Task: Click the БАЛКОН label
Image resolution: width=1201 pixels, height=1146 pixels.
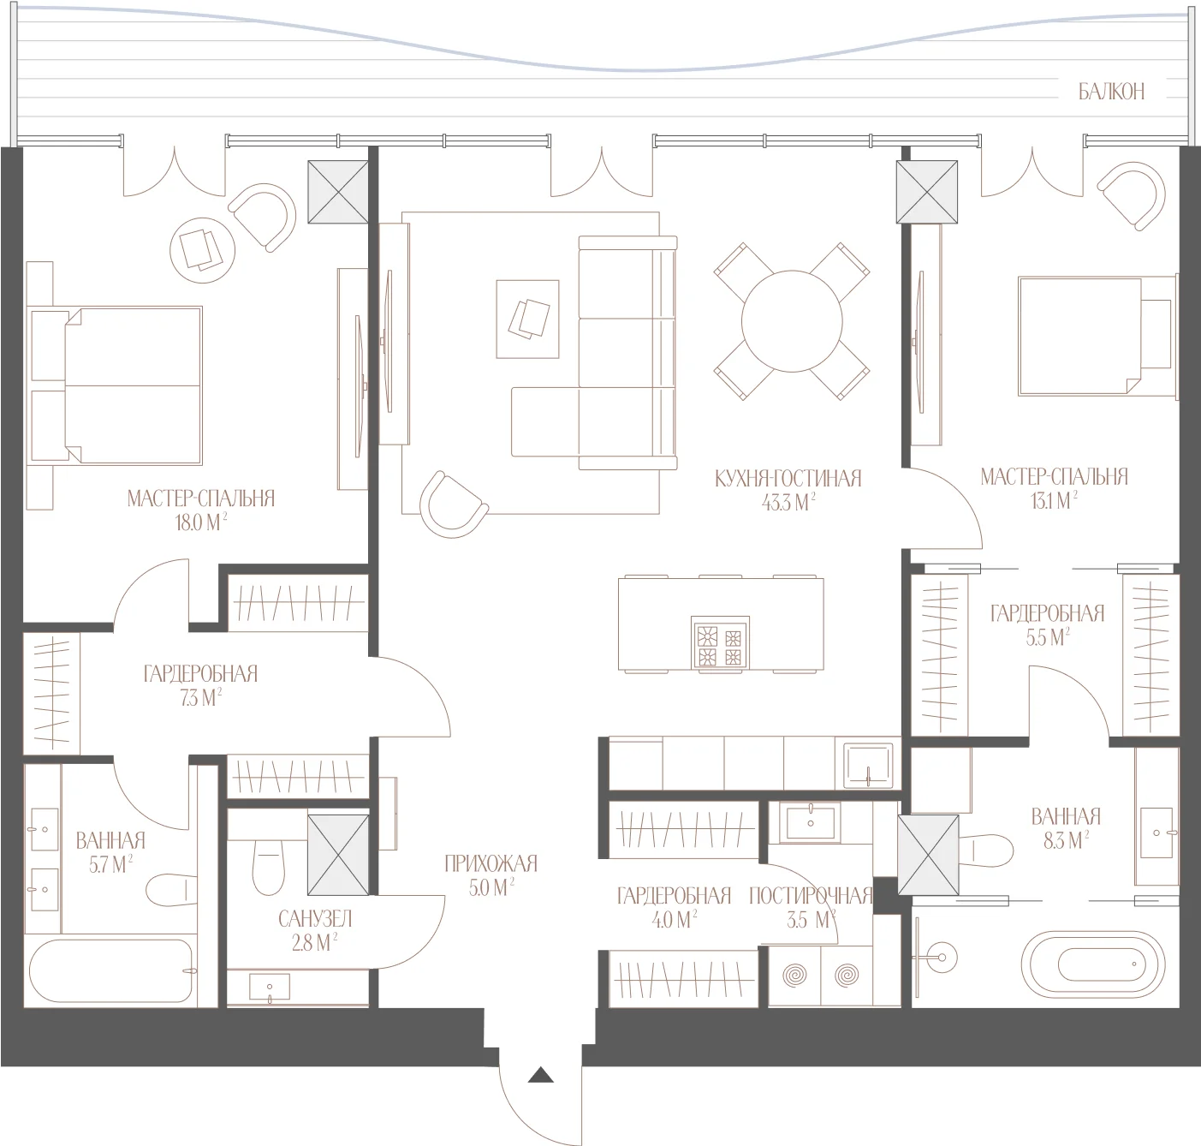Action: click(x=1111, y=92)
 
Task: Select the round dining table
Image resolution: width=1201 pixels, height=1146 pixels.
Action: click(x=792, y=321)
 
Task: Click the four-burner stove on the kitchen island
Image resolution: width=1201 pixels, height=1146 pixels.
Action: click(x=720, y=643)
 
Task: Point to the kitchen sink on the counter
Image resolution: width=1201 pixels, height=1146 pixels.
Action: click(x=867, y=764)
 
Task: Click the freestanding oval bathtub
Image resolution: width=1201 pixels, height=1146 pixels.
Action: click(x=1089, y=965)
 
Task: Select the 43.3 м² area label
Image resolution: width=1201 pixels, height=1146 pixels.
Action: click(x=788, y=503)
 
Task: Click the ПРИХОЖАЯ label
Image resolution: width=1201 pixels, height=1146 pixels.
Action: click(x=491, y=863)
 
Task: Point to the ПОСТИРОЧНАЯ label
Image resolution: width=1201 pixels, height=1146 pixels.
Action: click(x=811, y=896)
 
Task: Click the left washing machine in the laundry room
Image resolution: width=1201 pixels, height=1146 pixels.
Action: click(x=794, y=976)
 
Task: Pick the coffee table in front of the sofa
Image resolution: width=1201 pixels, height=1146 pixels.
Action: click(x=528, y=319)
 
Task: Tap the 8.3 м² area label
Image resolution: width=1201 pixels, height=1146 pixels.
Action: click(x=1066, y=842)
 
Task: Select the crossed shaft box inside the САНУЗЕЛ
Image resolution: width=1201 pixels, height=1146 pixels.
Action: click(x=338, y=855)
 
